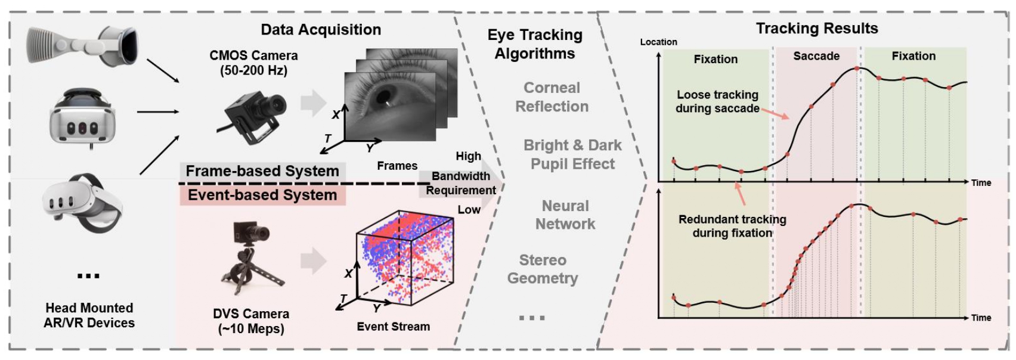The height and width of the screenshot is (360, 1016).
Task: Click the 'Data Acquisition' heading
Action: (321, 30)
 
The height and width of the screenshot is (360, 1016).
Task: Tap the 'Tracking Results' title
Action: (816, 28)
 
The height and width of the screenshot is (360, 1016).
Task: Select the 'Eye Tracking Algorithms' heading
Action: (535, 44)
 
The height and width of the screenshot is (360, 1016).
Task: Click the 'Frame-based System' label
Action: (262, 171)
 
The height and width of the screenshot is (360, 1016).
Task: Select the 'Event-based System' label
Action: (262, 195)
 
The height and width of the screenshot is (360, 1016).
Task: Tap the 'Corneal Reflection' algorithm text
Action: (552, 97)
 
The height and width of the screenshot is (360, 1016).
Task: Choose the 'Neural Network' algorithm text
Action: (565, 215)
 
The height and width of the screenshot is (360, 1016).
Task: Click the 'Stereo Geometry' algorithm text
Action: (543, 269)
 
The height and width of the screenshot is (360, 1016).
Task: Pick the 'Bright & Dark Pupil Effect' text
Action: (572, 154)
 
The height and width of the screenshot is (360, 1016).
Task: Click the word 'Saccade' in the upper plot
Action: (816, 56)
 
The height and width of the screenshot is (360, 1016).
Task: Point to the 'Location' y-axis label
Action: (658, 42)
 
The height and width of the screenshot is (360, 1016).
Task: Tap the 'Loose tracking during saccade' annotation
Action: (717, 101)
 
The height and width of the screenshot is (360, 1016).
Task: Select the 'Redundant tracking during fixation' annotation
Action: (732, 226)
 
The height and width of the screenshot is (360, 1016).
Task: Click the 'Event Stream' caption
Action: (393, 327)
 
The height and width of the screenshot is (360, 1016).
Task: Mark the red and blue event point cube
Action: (405, 256)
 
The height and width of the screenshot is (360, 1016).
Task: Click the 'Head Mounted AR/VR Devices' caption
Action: (89, 315)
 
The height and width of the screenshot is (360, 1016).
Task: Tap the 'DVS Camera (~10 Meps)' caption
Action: (251, 321)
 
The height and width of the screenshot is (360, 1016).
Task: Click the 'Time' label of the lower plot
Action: (981, 318)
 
